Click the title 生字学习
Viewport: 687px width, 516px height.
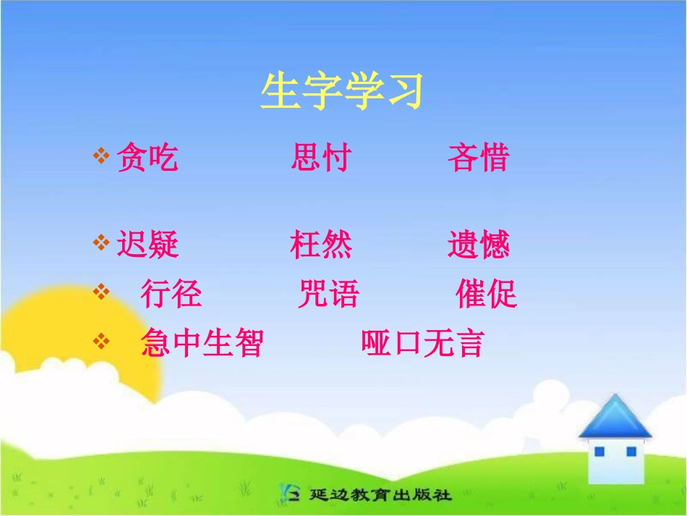341,92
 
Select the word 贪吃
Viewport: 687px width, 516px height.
148,158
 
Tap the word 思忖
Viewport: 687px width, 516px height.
321,158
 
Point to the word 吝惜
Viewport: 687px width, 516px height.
479,158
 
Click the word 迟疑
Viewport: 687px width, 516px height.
148,245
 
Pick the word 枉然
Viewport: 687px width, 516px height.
321,245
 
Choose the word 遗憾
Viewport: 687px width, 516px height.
479,245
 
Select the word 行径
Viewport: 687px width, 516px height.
171,294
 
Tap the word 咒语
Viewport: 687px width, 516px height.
328,294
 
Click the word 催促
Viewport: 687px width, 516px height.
487,294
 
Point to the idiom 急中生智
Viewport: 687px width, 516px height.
202,343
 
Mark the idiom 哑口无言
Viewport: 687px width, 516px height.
422,343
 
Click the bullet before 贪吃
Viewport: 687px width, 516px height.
101,156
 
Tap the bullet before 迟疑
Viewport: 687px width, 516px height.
101,243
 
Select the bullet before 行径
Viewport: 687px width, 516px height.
101,292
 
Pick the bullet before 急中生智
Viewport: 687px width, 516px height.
101,341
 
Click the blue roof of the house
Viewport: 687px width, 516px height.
615,418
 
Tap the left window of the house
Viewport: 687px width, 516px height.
599,452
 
